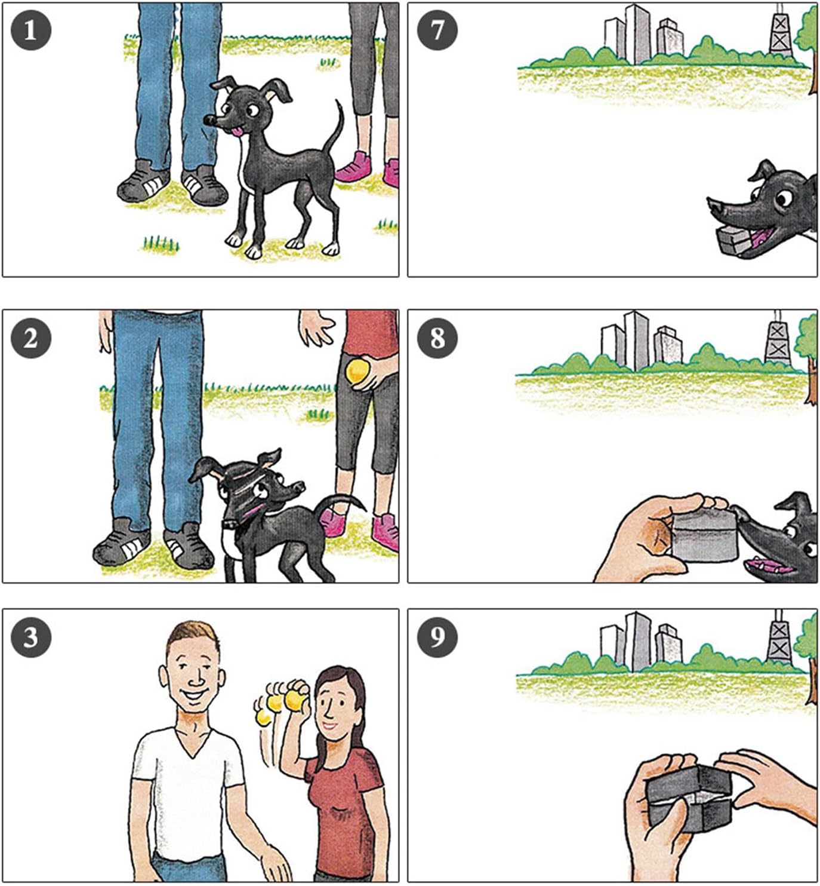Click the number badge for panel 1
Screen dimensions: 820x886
31,31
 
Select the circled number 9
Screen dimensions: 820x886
437,637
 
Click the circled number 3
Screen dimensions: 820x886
31,637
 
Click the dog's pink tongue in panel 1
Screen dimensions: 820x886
237,131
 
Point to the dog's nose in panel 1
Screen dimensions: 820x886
210,119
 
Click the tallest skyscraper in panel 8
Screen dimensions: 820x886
636,341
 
